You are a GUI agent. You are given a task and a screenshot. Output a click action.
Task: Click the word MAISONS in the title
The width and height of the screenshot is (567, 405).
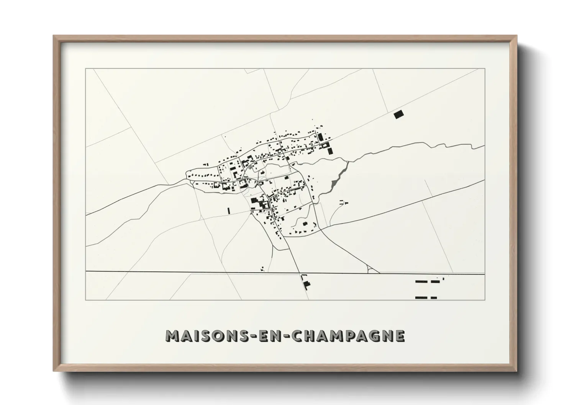point(200,336)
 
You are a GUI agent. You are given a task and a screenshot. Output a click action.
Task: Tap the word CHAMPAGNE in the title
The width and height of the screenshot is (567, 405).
point(347,336)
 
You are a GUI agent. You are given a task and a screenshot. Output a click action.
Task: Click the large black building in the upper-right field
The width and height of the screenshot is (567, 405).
point(399,114)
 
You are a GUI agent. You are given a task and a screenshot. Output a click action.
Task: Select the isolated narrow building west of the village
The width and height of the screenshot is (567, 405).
point(228,210)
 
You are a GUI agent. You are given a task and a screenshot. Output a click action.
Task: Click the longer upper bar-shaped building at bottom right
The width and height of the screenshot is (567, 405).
point(421,282)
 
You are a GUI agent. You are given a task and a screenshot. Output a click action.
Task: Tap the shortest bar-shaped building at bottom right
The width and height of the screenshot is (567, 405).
point(434,297)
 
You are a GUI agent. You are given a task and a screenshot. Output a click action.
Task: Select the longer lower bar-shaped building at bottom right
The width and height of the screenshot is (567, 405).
point(421,297)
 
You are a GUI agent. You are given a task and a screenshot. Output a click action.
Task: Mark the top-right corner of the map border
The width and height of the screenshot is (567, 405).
point(485,69)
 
